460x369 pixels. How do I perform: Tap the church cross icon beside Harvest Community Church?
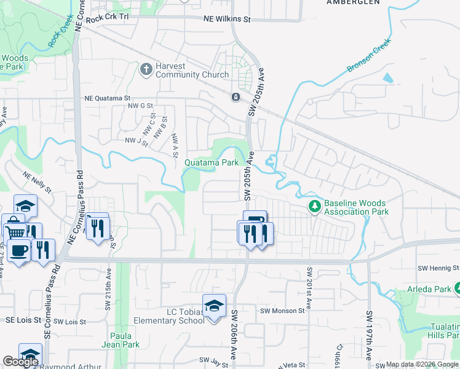point(146,69)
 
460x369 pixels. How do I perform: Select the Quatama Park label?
point(212,163)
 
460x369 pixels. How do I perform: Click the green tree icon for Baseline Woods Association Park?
point(315,205)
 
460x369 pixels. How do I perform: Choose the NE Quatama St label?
point(108,98)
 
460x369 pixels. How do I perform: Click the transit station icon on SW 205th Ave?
point(236,97)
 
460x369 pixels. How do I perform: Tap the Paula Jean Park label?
point(126,340)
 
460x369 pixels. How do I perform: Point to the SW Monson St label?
point(282,311)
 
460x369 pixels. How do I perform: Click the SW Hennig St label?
point(438,268)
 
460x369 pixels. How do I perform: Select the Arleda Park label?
point(429,288)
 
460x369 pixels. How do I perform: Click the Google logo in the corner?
point(20,362)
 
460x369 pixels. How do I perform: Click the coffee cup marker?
point(18,250)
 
